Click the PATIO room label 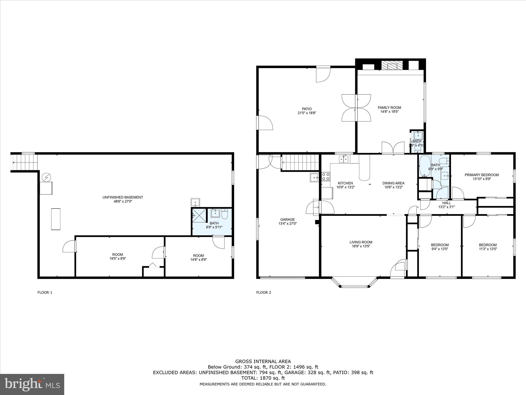click(307, 109)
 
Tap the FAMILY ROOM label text click(389, 107)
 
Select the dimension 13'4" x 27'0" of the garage click(287, 223)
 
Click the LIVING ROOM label click(361, 242)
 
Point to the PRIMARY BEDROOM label click(482, 175)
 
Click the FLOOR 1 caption click(45, 292)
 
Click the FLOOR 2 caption click(264, 292)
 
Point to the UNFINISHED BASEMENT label click(123, 197)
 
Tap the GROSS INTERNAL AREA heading click(263, 361)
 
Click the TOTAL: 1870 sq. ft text click(263, 378)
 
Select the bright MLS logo click(32, 384)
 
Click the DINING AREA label click(393, 183)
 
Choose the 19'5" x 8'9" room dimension click(117, 259)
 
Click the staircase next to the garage click(300, 163)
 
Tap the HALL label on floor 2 click(446, 203)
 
